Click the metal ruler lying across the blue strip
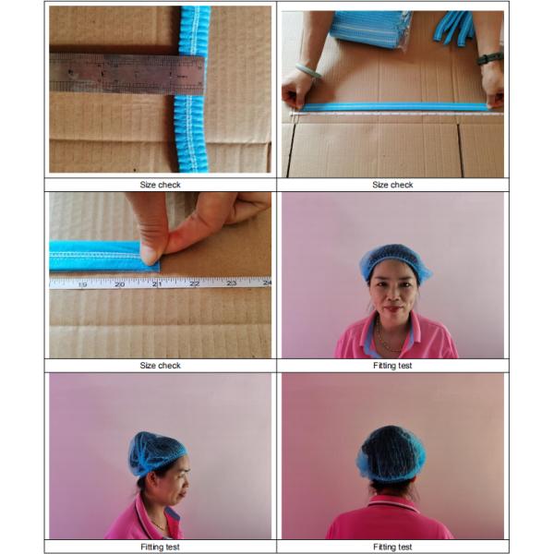pos(127,74)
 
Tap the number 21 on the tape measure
pos(157,283)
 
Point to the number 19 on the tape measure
pos(82,284)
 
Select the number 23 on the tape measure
pos(232,283)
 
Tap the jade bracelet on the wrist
pos(308,71)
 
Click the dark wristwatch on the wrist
pos(490,58)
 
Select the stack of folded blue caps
pos(371,29)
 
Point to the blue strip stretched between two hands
pos(394,107)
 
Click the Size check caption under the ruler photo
pos(160,185)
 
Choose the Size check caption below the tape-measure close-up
pos(160,366)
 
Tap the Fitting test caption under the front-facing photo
pos(392,366)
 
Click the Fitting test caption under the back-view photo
pos(392,547)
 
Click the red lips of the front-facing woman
pos(393,308)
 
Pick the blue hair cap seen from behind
pos(391,454)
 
